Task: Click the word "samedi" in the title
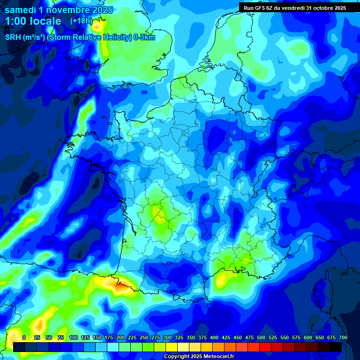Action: [x=20, y=10]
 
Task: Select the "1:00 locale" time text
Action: [x=33, y=21]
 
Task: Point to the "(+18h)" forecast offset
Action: [x=81, y=21]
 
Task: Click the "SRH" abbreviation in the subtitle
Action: [x=14, y=37]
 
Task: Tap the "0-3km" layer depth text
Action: [x=144, y=37]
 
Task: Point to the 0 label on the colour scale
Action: [x=24, y=337]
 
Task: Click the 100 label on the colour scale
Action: [x=74, y=337]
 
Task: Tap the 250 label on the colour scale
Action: [x=144, y=337]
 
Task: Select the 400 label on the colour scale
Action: [x=214, y=337]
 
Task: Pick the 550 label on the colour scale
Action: [x=285, y=337]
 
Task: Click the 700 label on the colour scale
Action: [x=343, y=337]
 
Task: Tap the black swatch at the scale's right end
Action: [x=336, y=347]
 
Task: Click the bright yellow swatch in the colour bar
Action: [x=172, y=347]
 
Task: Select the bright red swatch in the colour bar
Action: [x=265, y=347]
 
